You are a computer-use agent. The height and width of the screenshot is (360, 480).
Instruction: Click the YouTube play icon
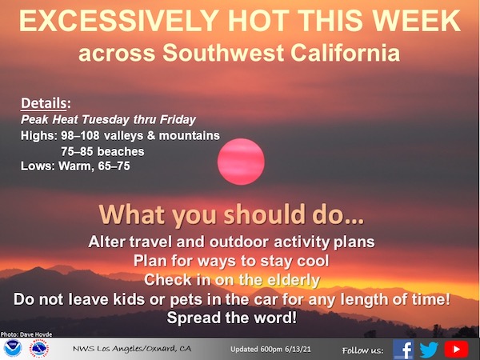click(456, 349)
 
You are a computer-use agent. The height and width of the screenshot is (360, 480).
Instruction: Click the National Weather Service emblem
click(38, 350)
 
